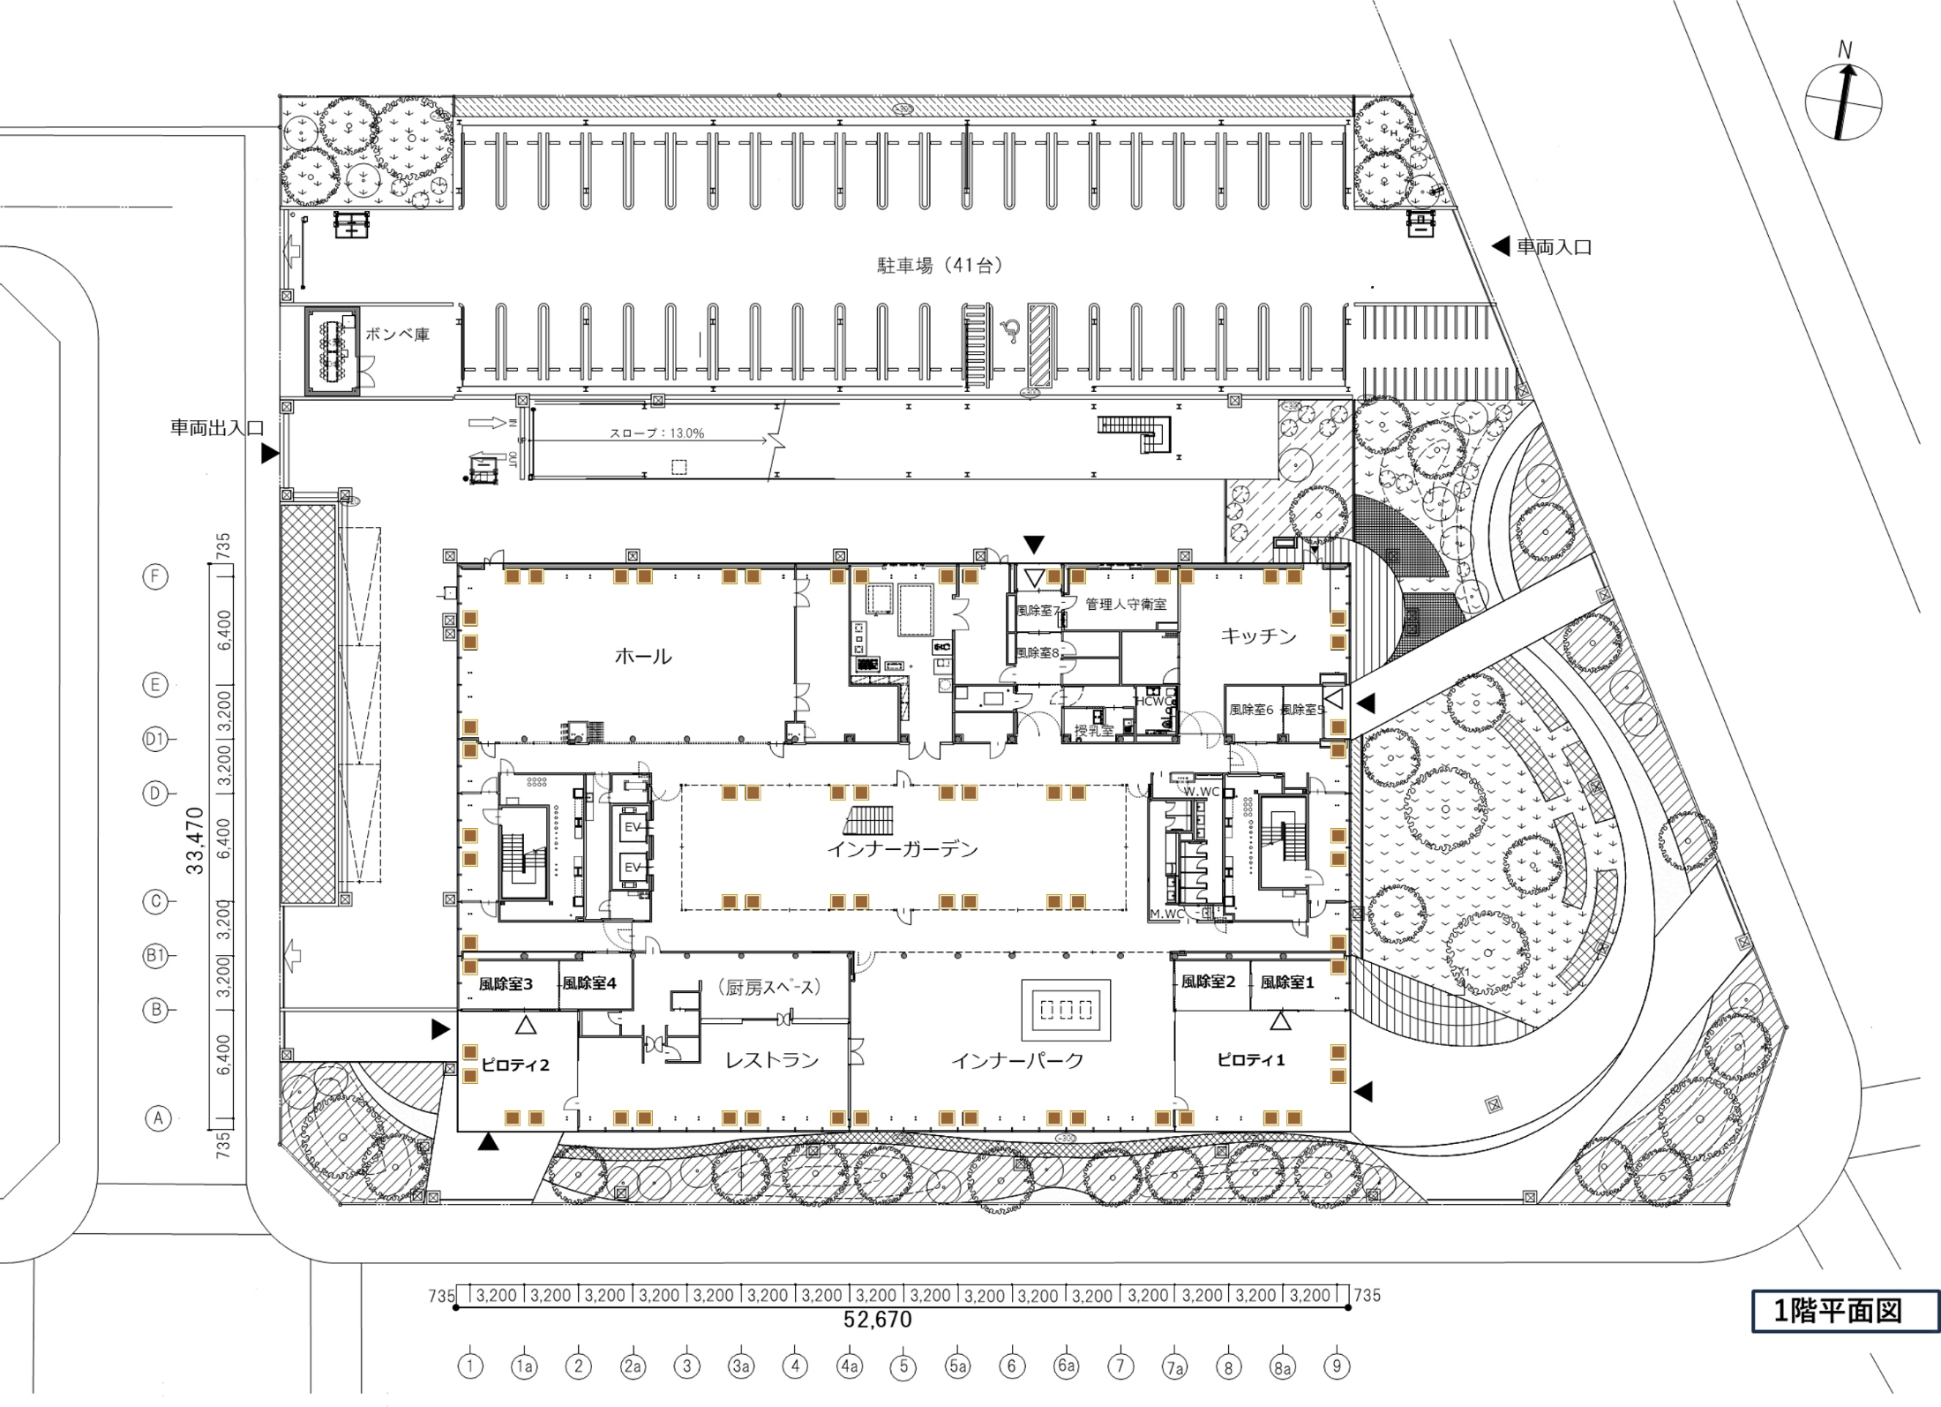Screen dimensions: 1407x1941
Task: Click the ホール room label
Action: coord(642,656)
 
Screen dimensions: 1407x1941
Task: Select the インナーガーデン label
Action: coord(903,849)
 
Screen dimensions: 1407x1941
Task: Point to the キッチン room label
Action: coord(1258,636)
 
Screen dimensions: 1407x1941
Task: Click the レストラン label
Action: coord(772,1060)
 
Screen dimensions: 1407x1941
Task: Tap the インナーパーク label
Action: coord(1017,1060)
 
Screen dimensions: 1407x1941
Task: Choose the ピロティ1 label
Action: coord(1251,1059)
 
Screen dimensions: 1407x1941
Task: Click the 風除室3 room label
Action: coord(506,983)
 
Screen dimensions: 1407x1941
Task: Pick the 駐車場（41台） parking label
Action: coord(940,265)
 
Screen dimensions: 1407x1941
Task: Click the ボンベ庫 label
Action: coord(397,335)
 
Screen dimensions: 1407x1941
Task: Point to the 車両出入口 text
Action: coord(217,428)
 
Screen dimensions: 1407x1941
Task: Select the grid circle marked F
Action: coord(155,576)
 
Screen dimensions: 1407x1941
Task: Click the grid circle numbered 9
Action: coord(1337,1366)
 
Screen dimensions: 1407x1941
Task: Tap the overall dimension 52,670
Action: coord(878,1320)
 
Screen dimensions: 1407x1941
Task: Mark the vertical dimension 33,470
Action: coord(195,840)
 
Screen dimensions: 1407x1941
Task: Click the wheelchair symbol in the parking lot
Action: coord(1011,331)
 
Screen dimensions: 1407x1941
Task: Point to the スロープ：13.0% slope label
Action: coord(657,433)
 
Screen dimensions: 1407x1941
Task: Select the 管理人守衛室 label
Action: coord(1126,604)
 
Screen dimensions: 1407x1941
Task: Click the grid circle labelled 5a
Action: coord(957,1366)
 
